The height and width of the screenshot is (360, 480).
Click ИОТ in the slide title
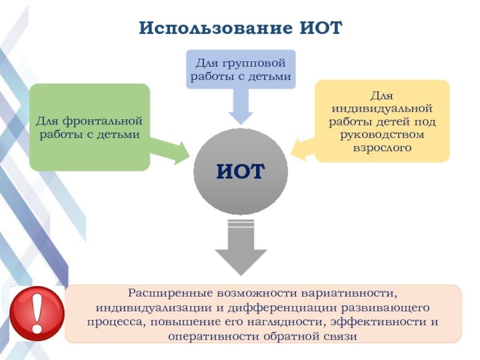(319, 28)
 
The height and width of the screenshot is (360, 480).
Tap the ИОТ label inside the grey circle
(240, 172)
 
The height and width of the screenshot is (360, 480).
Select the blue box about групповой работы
(240, 69)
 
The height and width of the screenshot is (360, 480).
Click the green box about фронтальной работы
(89, 127)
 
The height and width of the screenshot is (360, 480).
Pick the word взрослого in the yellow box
(382, 146)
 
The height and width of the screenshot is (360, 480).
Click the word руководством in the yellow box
(382, 134)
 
